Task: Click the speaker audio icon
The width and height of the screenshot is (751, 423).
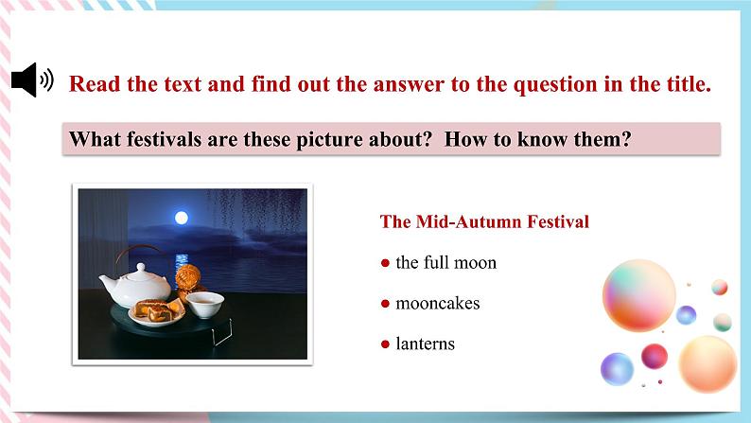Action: pyautogui.click(x=32, y=81)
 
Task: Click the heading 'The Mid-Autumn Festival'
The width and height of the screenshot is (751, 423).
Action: pyautogui.click(x=484, y=221)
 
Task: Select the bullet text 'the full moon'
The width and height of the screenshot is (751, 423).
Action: pyautogui.click(x=445, y=262)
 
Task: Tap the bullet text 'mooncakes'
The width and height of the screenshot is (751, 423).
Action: pyautogui.click(x=437, y=303)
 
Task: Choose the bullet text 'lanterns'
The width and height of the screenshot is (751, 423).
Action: pyautogui.click(x=425, y=344)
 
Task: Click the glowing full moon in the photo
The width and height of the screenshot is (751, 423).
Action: pyautogui.click(x=182, y=218)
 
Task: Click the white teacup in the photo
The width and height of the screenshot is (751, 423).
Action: pyautogui.click(x=204, y=303)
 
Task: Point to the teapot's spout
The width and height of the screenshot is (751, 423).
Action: pyautogui.click(x=106, y=283)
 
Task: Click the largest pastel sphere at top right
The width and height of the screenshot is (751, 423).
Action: pyautogui.click(x=638, y=294)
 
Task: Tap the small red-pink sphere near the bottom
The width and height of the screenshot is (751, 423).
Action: pyautogui.click(x=655, y=356)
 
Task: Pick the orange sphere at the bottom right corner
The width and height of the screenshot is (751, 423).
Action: pyautogui.click(x=707, y=362)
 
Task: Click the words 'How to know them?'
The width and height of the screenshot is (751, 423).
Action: pyautogui.click(x=537, y=140)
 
